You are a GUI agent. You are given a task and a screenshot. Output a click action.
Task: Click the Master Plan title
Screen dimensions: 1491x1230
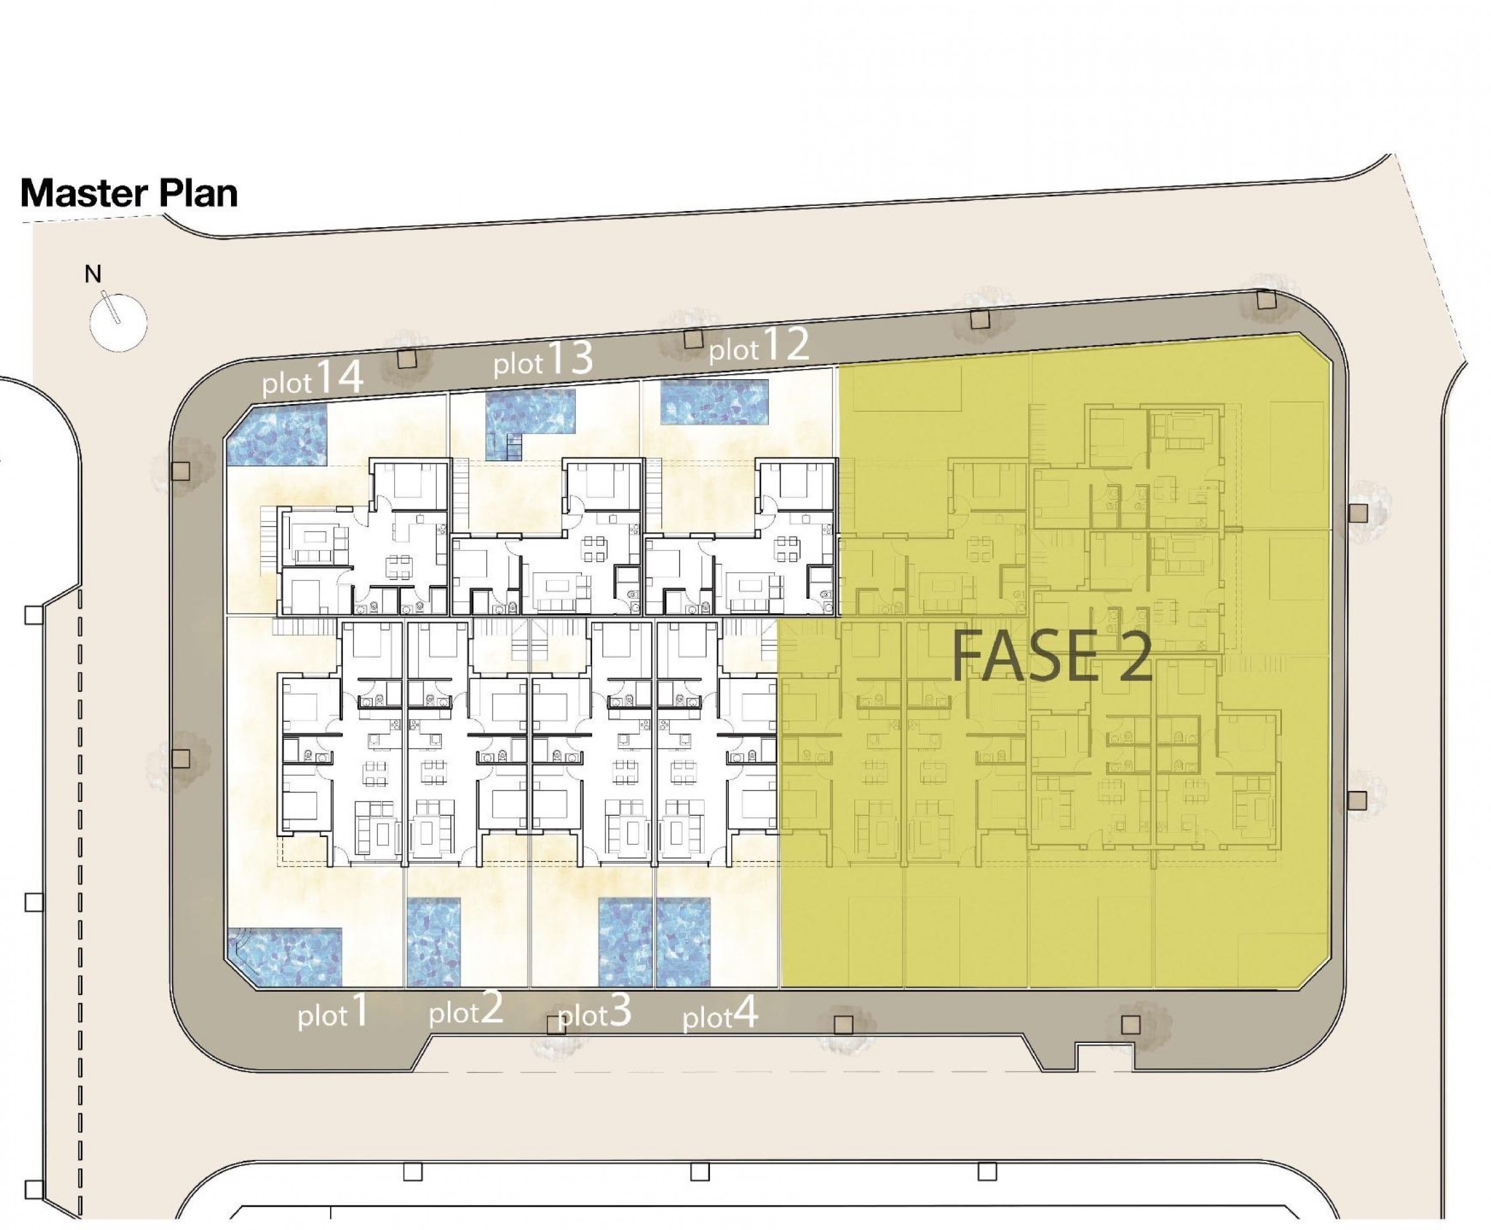pyautogui.click(x=129, y=193)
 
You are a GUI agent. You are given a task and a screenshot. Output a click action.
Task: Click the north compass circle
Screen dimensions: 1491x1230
pyautogui.click(x=118, y=322)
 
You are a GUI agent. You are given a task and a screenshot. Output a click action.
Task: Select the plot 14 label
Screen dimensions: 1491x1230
pyautogui.click(x=313, y=377)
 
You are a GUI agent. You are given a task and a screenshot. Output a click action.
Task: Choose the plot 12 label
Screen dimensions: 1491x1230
pyautogui.click(x=758, y=346)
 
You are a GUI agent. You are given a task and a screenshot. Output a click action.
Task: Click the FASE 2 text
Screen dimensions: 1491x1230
pyautogui.click(x=1051, y=658)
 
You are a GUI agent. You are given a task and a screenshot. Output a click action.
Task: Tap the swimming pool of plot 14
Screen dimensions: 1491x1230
pyautogui.click(x=277, y=435)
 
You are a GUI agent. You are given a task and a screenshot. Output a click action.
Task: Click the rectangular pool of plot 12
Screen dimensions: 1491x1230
pyautogui.click(x=714, y=402)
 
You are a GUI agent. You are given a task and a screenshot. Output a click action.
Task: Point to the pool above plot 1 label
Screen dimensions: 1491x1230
pyautogui.click(x=285, y=957)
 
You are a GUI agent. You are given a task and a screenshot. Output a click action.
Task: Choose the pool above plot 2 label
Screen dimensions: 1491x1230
pyautogui.click(x=434, y=943)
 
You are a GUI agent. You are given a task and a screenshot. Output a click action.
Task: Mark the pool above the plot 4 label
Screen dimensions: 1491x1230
pyautogui.click(x=683, y=943)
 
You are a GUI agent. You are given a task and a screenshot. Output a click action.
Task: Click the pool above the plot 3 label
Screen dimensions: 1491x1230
pyautogui.click(x=624, y=943)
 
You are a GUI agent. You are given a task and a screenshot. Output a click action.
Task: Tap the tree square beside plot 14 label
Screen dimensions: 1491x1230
pyautogui.click(x=406, y=359)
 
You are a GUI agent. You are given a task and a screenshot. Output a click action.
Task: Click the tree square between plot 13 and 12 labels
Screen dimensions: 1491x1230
pyautogui.click(x=692, y=339)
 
